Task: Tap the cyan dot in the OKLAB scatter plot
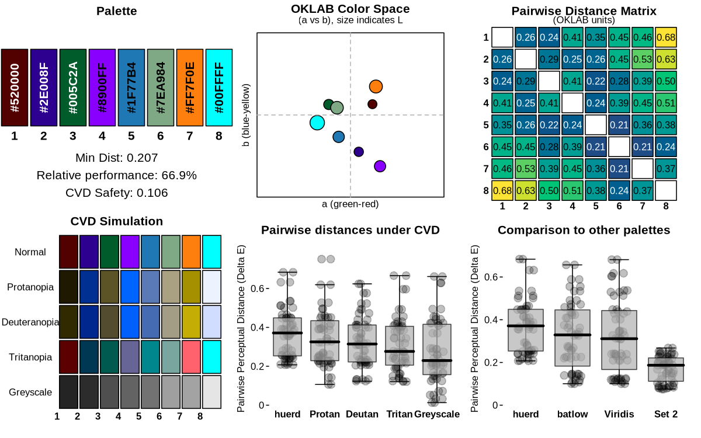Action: tap(317, 123)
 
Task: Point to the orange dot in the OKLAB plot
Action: tap(376, 86)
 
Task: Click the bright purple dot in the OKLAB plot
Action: tap(380, 166)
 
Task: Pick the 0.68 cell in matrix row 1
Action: tap(666, 37)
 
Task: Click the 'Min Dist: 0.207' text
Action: tap(117, 158)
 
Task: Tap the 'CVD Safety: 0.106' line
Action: tap(117, 193)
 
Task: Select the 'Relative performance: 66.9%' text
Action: tap(117, 175)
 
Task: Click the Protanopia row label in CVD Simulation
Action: tap(31, 287)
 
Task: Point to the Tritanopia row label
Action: tap(31, 357)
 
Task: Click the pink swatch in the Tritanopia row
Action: tap(191, 357)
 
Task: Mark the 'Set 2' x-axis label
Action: tap(665, 414)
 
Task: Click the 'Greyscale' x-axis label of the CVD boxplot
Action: tap(437, 414)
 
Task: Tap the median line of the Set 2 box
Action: tap(665, 365)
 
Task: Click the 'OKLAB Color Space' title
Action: tap(350, 9)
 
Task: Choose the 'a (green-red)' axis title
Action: tap(350, 204)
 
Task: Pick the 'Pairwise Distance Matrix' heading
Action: tap(584, 11)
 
